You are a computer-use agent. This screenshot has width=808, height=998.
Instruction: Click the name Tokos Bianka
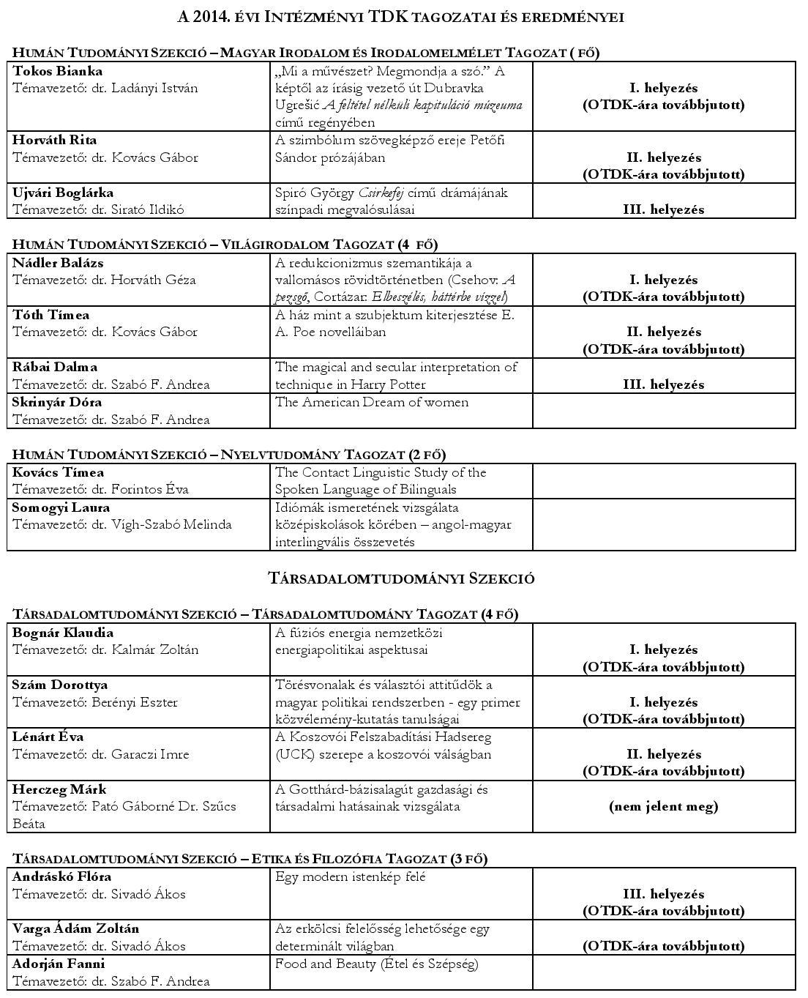tap(57, 71)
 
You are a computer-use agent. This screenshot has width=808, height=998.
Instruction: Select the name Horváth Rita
tap(54, 140)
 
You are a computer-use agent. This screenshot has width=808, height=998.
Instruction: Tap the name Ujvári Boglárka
tap(63, 193)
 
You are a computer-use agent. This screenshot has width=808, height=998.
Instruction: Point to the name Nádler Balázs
tap(58, 263)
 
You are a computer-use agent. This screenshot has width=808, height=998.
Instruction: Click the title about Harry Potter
tap(396, 376)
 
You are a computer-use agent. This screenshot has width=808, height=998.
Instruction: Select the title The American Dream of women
tap(371, 402)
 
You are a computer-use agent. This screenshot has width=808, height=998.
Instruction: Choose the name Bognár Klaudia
tap(63, 633)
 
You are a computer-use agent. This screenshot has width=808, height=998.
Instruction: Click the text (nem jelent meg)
tap(663, 806)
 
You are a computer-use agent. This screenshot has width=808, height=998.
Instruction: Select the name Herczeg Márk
tap(59, 789)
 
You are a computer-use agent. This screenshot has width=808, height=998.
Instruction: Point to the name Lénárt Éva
tap(48, 737)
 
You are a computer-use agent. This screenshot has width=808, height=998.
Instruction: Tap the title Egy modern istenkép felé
tap(350, 876)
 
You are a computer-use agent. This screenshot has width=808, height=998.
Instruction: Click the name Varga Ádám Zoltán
tap(75, 928)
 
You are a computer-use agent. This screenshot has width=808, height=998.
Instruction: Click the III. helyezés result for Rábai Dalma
tap(663, 384)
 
